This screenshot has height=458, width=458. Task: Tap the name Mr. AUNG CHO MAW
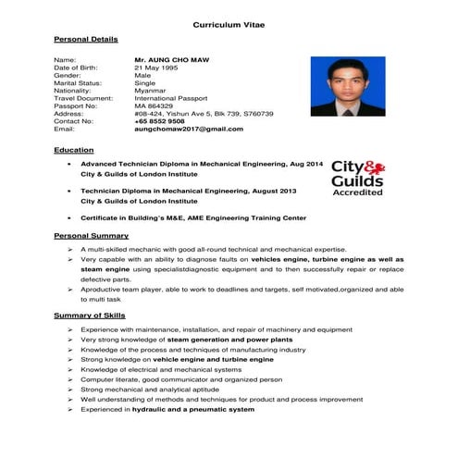171,59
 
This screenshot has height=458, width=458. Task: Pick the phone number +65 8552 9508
159,121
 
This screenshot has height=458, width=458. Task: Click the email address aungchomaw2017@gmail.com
188,130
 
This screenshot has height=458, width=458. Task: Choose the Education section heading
74,150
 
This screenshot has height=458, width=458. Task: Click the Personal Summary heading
91,236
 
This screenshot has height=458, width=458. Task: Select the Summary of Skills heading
90,316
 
